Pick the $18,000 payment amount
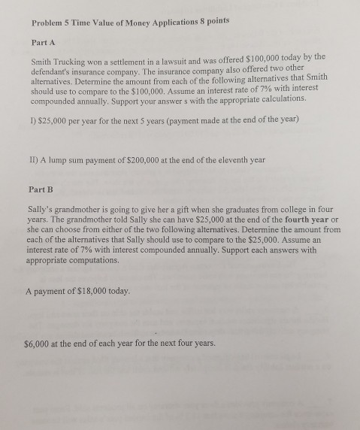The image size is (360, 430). pos(93,292)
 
